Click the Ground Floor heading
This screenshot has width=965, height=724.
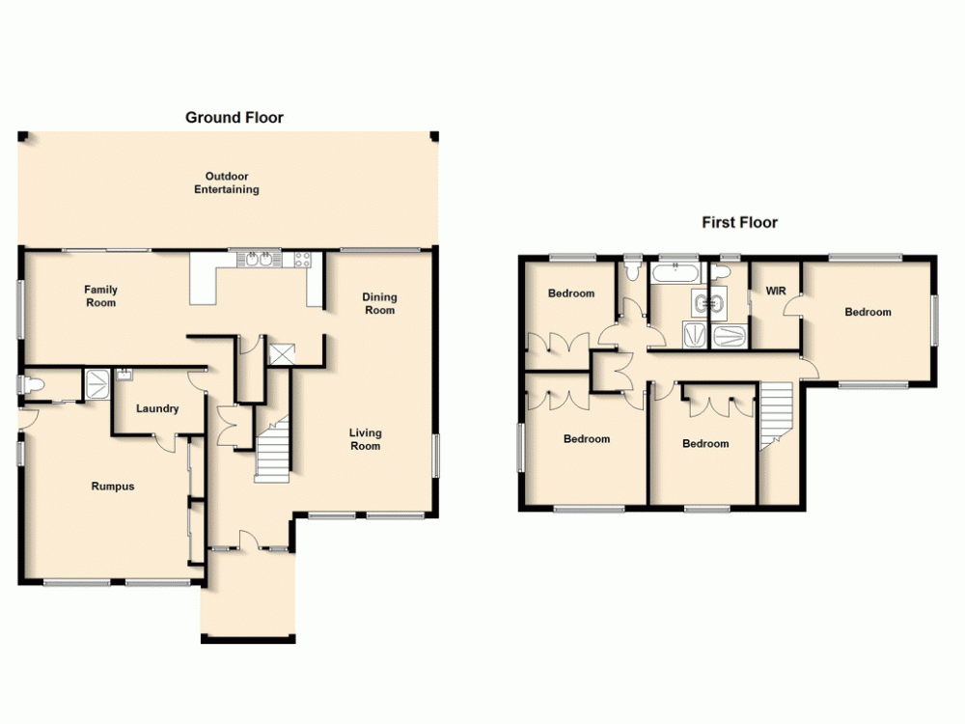234,118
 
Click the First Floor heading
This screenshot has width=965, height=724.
739,223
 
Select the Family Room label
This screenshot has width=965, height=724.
100,295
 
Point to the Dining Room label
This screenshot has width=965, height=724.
379,304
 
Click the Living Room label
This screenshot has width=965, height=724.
365,439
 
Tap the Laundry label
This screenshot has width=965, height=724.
157,408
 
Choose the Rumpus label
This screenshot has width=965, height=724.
113,487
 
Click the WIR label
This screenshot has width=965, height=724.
777,291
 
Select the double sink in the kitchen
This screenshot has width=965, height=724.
259,259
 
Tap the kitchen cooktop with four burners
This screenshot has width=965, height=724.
301,259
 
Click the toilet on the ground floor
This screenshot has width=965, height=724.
32,385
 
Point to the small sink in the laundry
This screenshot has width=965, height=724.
124,374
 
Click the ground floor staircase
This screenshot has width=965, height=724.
273,449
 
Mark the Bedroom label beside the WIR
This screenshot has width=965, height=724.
868,312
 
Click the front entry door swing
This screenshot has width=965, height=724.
249,539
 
